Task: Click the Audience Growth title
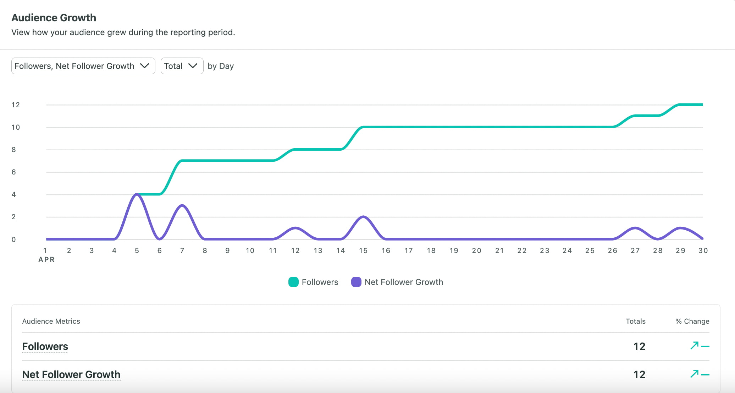click(x=54, y=18)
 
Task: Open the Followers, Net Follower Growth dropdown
click(x=83, y=66)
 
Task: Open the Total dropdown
click(x=182, y=66)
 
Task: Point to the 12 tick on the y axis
click(x=16, y=105)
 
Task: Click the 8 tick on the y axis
click(x=14, y=150)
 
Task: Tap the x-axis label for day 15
click(x=363, y=251)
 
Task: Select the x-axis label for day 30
click(x=703, y=251)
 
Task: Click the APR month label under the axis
click(x=46, y=260)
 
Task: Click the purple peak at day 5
click(x=137, y=194)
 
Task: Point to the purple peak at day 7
click(x=182, y=206)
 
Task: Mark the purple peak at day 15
click(x=363, y=217)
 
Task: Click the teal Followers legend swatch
click(x=293, y=282)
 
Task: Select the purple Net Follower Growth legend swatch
click(x=356, y=282)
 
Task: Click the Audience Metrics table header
click(x=51, y=321)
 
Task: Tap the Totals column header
click(x=635, y=321)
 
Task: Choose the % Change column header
click(x=692, y=321)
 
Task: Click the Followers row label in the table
click(x=45, y=346)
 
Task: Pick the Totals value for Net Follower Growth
click(x=639, y=375)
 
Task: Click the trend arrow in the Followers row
click(x=695, y=345)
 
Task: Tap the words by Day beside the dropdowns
click(x=221, y=66)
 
